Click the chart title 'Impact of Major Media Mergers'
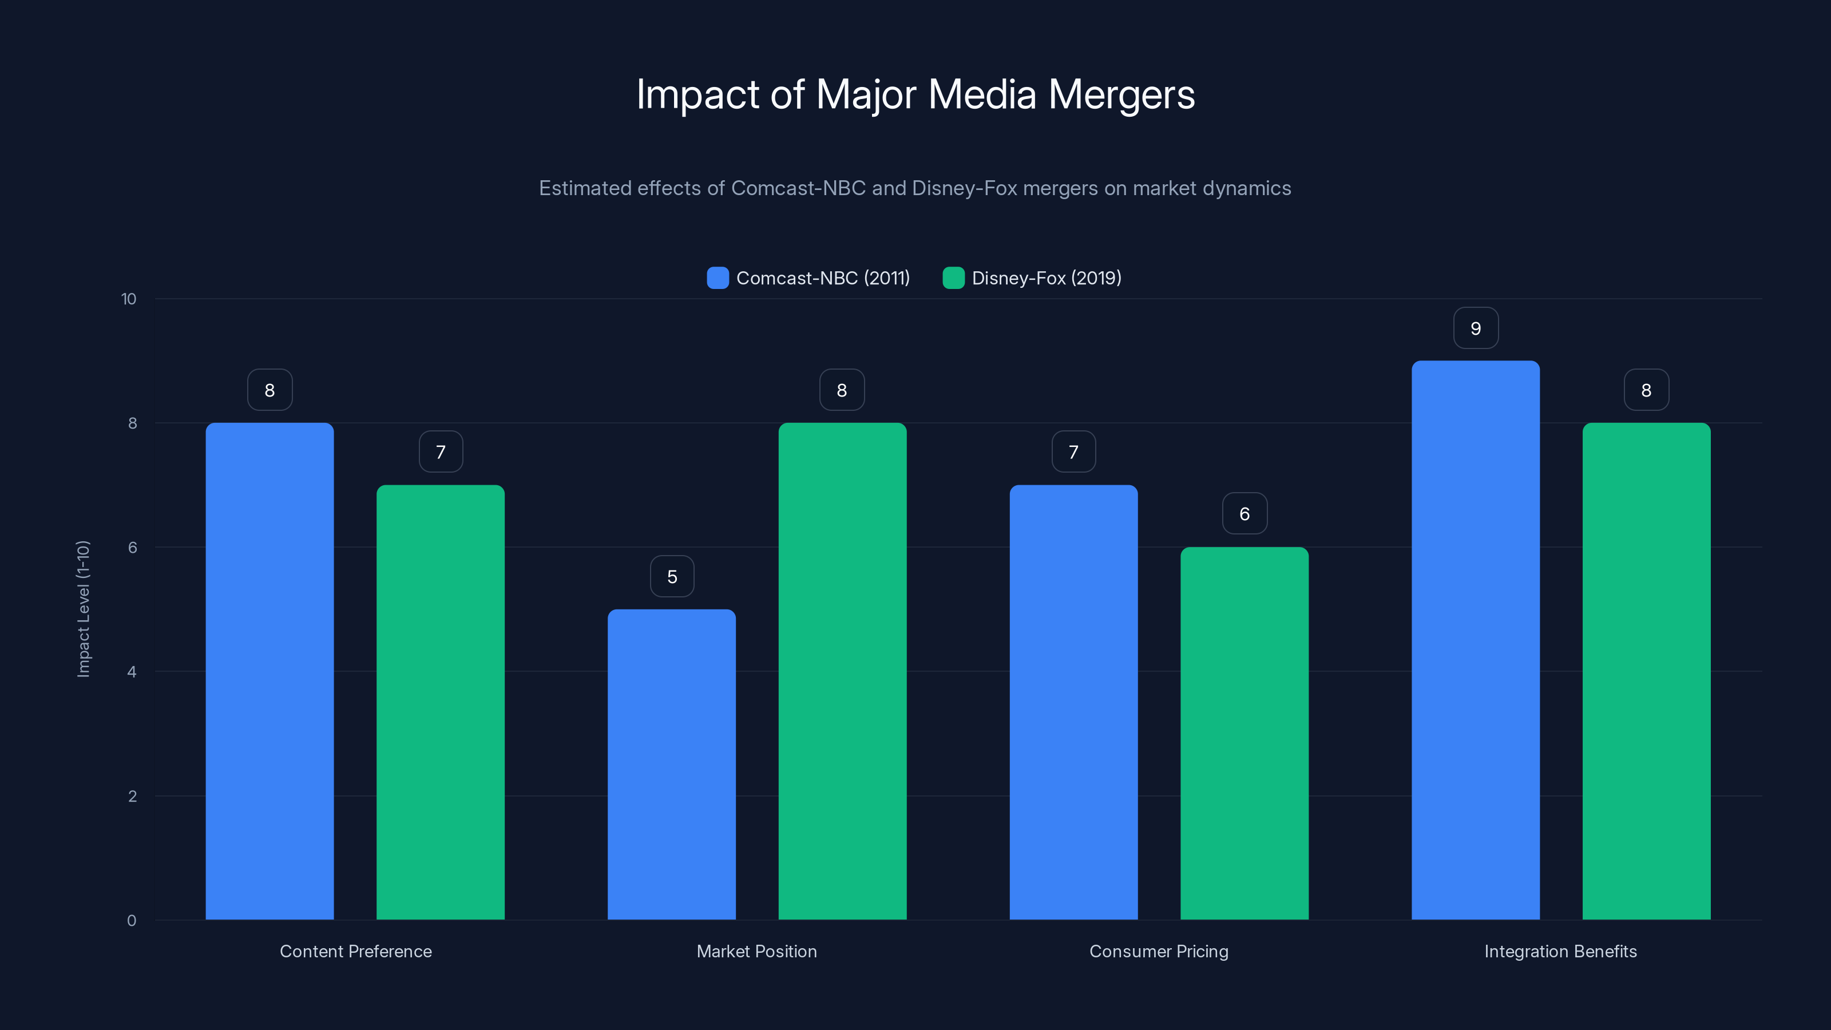915,94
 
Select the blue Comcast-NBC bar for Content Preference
270,671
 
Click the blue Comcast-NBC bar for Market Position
672,764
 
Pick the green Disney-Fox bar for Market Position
842,671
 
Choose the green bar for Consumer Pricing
1244,733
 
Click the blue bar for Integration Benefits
1476,640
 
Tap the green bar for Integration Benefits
1646,671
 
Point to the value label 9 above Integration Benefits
1476,328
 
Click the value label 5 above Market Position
672,576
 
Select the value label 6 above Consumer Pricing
1244,514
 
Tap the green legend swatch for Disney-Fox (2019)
953,278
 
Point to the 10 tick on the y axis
129,299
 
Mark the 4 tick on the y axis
132,672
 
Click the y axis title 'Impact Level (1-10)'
83,609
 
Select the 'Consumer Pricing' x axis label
1159,951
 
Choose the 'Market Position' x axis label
756,951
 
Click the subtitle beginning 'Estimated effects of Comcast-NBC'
915,188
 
